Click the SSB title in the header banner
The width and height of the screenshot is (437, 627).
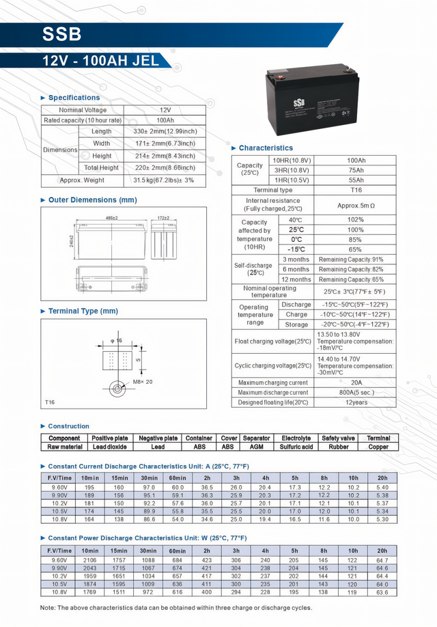62,34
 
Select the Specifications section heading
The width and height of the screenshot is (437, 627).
74,98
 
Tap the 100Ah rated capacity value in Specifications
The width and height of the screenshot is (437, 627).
165,120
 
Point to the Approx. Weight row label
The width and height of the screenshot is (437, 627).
82,180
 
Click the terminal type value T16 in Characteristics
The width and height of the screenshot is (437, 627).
356,190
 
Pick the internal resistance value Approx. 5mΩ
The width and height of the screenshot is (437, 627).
356,205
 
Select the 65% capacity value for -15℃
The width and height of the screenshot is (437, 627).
356,250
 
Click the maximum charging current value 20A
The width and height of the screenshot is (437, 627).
356,383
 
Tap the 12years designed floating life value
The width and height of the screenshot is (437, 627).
356,402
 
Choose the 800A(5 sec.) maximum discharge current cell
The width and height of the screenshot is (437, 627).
356,393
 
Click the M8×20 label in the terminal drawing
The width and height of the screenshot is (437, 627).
142,382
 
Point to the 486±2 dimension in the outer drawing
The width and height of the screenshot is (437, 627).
111,218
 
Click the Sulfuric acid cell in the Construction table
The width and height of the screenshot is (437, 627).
296,447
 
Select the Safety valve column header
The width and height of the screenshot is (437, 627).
338,438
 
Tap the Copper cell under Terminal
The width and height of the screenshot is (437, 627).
378,447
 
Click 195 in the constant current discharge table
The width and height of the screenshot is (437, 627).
89,487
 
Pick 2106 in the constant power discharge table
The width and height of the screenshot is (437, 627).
89,560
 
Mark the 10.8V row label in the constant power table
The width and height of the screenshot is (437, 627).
59,592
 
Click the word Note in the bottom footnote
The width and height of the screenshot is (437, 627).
48,607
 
